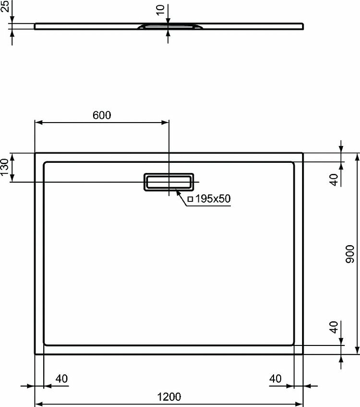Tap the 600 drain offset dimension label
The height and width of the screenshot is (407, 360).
click(x=102, y=115)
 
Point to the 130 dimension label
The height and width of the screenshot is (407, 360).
click(x=5, y=167)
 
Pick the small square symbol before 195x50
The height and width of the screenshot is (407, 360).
click(x=190, y=199)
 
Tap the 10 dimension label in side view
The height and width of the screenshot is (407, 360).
click(x=161, y=9)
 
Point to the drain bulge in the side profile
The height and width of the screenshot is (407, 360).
click(x=169, y=25)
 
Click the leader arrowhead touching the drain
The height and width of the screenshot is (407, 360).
click(x=176, y=190)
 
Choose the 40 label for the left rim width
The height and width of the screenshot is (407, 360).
click(x=62, y=379)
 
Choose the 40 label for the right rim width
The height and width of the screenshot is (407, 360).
click(x=275, y=379)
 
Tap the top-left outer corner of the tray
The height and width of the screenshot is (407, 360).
click(x=35, y=153)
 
